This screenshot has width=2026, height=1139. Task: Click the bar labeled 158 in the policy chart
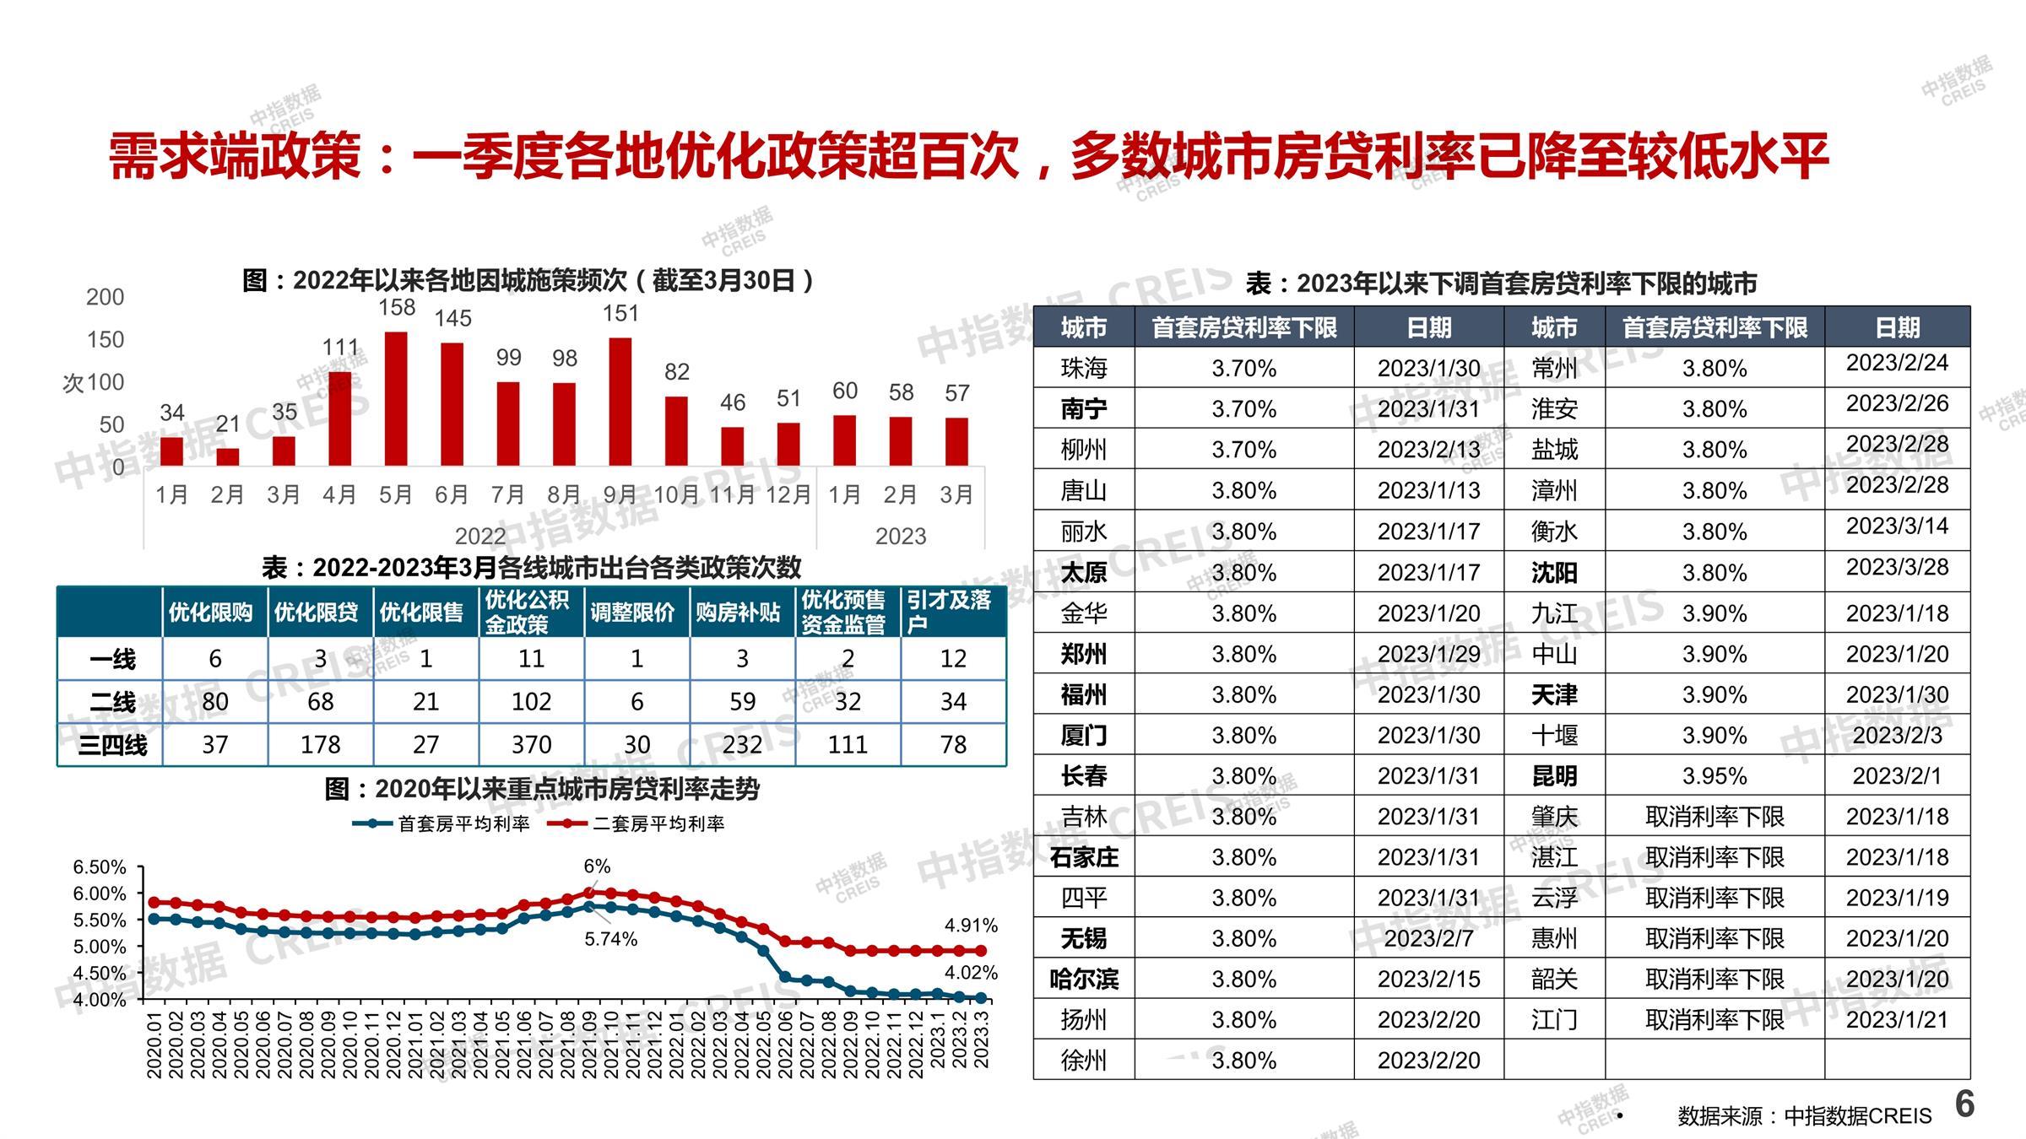395,398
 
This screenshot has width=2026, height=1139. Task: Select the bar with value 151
620,402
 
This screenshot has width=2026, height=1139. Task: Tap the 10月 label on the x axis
676,494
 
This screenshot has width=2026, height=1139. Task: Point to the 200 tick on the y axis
105,297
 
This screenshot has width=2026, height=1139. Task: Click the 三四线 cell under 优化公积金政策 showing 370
531,744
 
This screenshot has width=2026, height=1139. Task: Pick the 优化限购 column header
211,613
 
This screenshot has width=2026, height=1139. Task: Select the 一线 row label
112,659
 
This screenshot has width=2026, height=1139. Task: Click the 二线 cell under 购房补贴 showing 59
742,701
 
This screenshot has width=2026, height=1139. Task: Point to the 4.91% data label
971,926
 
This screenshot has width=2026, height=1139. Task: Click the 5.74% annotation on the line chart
610,939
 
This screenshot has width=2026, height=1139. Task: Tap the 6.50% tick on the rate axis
100,867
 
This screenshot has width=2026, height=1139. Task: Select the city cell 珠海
1083,369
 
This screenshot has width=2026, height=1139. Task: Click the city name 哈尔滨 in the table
1083,980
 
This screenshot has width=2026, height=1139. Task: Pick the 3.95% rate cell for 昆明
1714,776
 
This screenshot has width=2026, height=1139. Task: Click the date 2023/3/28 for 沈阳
1897,567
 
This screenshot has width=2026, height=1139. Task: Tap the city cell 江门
1554,1020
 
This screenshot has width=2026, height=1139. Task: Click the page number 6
1965,1104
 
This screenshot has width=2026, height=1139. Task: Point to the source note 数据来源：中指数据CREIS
1804,1116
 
